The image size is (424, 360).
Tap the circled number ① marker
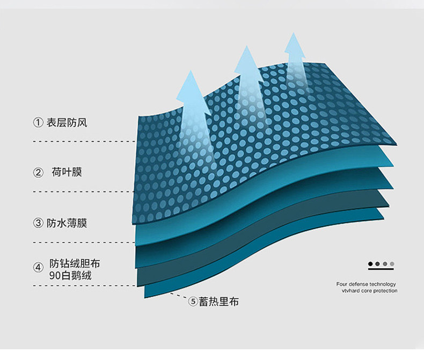38,123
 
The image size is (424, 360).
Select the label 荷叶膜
67,172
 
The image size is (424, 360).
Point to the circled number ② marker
38,173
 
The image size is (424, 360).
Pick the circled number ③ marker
38,223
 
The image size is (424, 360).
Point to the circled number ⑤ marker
193,302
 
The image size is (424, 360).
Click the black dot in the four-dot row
370,264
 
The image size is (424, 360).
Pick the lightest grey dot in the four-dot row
392,264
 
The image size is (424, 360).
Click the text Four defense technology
366,284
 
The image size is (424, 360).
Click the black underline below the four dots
381,269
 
